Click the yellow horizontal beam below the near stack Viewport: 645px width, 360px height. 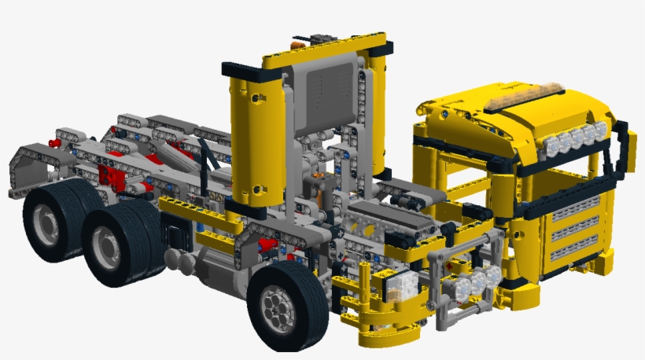point(197,207)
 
